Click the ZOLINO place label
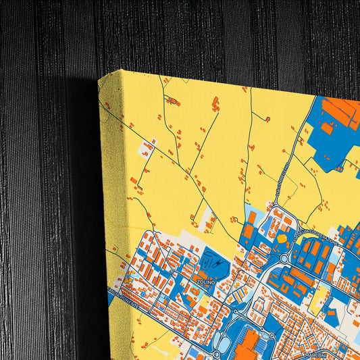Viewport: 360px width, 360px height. (x=205, y=280)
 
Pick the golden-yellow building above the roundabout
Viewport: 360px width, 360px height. (x=282, y=238)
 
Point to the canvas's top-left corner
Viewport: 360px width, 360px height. (x=101, y=78)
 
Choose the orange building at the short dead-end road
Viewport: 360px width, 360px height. (x=267, y=120)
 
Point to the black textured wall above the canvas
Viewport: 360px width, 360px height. (x=203, y=34)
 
